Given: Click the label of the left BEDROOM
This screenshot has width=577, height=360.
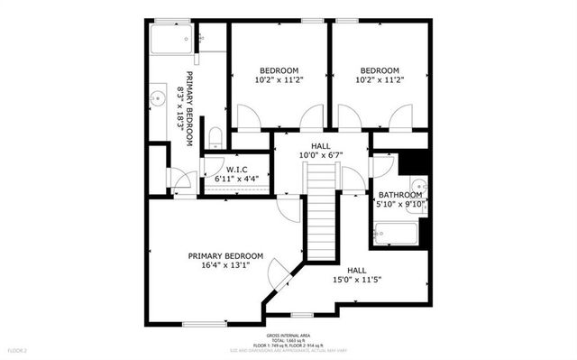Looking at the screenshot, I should coord(279,70).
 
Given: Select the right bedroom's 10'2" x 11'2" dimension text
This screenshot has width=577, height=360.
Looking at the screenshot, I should coord(380,79).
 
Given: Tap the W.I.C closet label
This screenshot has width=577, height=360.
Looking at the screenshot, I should coord(237,169).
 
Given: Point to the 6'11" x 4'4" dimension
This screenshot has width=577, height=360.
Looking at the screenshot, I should coord(237,179).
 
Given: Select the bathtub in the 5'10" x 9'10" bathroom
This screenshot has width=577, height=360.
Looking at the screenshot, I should coord(395,235).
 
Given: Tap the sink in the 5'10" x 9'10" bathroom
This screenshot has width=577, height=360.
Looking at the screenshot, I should coord(424,189).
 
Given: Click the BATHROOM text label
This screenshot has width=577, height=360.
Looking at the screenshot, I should coord(400,195).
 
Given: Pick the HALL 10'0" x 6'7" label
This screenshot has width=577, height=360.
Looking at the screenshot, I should coord(321,150).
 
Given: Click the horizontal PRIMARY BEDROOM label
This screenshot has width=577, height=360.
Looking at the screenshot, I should coord(225,255).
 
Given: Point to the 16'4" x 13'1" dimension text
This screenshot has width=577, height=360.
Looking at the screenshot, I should coord(225,265).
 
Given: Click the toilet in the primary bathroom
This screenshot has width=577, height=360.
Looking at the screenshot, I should coord(215,138).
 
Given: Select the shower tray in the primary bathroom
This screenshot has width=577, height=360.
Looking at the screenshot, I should coord(170,39).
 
